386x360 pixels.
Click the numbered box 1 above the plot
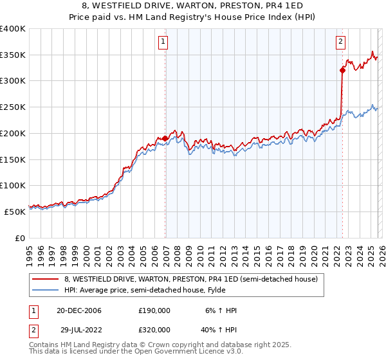(x=164, y=42)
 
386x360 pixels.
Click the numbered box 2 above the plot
(x=340, y=42)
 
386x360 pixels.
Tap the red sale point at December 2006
(x=165, y=138)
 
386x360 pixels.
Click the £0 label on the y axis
(x=19, y=238)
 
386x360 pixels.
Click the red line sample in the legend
(x=45, y=280)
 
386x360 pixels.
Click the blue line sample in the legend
(x=45, y=290)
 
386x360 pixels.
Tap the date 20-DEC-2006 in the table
(x=79, y=310)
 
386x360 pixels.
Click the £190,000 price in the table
(x=154, y=310)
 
